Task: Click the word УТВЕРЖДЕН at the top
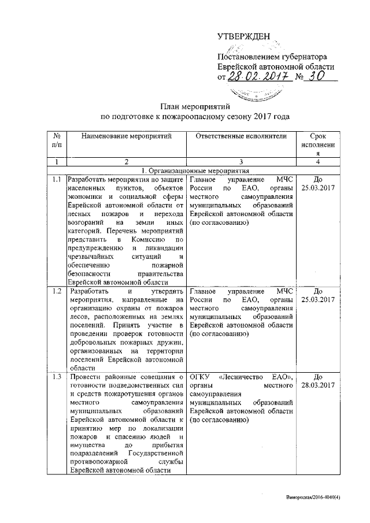[243, 37]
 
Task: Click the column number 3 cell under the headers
[241, 162]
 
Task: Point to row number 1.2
[57, 291]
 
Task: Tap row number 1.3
[57, 378]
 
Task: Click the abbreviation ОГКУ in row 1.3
[199, 378]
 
